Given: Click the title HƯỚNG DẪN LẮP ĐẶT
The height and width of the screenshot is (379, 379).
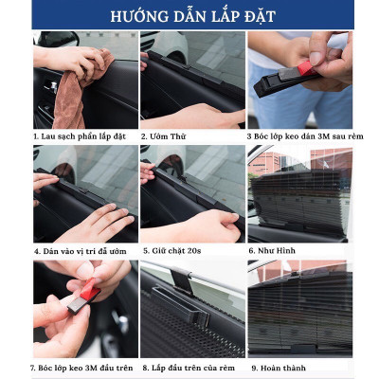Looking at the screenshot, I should click(x=189, y=16).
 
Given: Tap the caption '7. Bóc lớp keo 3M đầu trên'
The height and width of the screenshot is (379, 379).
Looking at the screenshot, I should click(x=83, y=366).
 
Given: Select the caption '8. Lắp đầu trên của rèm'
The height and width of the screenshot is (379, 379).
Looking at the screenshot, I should click(x=189, y=366).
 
